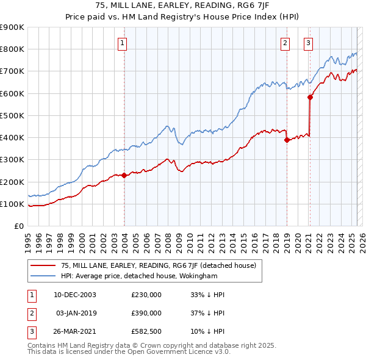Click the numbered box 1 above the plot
click(x=123, y=43)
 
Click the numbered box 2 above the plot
click(x=285, y=43)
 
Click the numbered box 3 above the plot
click(x=309, y=43)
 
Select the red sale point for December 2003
click(x=124, y=175)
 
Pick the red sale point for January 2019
click(x=287, y=140)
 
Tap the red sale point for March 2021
click(x=310, y=97)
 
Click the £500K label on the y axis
click(x=12, y=115)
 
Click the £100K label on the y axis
click(x=12, y=204)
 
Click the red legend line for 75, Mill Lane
click(x=43, y=265)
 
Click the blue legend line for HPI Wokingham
click(x=43, y=275)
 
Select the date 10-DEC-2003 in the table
click(x=75, y=295)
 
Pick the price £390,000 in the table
click(x=146, y=313)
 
